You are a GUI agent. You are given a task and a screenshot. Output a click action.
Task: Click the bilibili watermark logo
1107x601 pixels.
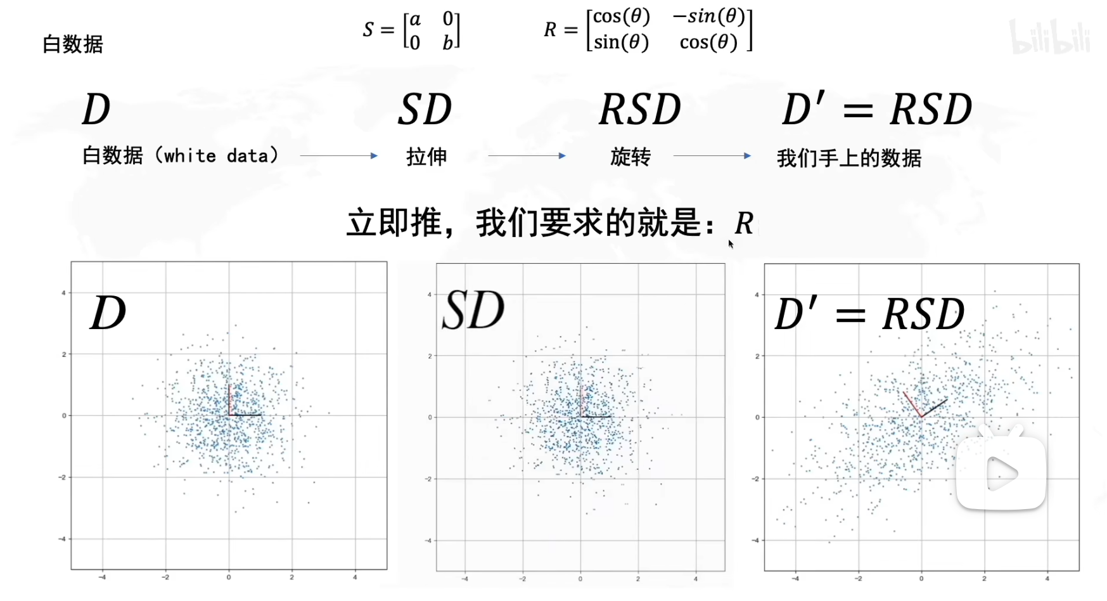1049,37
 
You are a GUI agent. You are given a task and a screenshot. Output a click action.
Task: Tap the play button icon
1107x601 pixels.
1001,472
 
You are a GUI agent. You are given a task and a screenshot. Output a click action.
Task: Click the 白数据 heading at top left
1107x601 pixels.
72,44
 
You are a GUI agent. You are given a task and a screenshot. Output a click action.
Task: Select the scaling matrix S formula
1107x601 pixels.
411,30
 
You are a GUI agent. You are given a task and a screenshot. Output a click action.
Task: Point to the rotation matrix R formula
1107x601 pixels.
648,30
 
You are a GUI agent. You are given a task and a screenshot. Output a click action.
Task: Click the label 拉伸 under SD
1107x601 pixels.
426,157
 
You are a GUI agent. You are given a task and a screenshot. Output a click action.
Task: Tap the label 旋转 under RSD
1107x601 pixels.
630,157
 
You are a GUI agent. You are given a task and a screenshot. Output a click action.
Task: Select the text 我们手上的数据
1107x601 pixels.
849,158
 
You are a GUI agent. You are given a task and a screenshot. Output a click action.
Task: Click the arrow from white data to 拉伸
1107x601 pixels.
338,155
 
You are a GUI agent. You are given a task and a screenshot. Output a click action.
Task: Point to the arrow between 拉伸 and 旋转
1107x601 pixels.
527,155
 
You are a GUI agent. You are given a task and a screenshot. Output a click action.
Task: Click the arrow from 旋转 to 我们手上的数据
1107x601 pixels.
712,155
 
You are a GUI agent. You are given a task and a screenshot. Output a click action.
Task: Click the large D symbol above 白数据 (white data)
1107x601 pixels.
96,109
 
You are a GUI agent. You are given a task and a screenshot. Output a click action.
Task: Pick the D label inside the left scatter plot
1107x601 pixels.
108,313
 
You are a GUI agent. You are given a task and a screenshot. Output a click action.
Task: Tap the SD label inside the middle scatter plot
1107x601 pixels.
473,311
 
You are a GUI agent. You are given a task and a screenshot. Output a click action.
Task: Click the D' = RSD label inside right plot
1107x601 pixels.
869,314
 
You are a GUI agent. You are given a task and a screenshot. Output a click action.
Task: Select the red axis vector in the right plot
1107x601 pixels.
912,404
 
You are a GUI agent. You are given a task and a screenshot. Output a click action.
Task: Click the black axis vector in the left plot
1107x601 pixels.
245,415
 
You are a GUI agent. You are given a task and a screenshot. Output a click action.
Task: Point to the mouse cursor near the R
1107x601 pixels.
731,244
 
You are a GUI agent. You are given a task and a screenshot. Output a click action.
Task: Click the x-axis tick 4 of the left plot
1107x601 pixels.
355,578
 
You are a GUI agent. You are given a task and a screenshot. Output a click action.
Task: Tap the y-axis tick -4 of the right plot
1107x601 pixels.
757,541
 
